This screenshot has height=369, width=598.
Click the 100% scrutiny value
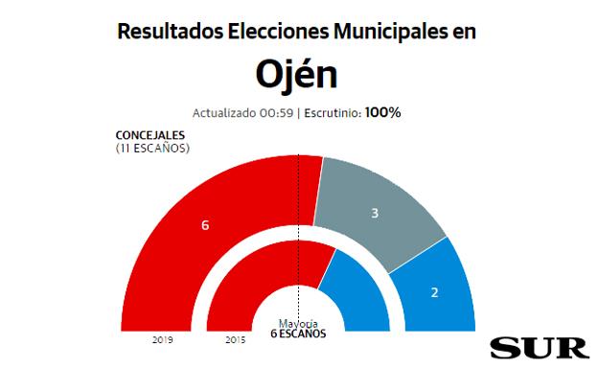click(x=382, y=112)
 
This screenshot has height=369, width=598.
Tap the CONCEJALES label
click(x=151, y=136)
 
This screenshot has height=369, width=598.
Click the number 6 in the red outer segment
click(x=205, y=225)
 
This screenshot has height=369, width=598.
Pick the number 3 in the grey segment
click(x=375, y=213)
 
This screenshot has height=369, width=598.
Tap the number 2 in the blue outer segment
click(x=434, y=291)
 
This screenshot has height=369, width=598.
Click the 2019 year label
click(x=162, y=340)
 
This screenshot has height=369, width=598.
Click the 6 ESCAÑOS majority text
click(x=298, y=334)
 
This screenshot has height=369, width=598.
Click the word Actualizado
click(x=226, y=113)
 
